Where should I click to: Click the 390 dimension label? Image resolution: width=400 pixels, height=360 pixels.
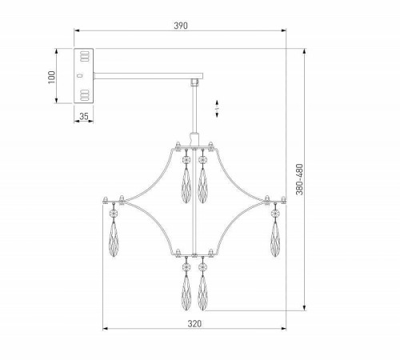pos(181,26)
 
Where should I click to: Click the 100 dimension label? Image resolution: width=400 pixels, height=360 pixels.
pos(51,77)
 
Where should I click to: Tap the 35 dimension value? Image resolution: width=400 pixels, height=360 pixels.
pos(84,116)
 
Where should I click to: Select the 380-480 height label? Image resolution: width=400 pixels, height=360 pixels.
pos(300,179)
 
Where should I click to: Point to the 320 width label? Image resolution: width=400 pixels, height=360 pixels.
pos(194,324)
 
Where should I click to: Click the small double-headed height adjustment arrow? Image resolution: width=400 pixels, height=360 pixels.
pos(217,109)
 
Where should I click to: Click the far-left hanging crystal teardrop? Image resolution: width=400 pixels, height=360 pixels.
pos(114,239)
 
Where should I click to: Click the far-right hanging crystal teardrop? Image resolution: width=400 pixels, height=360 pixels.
pos(275,239)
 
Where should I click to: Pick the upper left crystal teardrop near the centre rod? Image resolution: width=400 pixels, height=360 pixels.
pos(186,186)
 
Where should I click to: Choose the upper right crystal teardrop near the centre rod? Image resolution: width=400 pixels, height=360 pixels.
pos(202,186)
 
